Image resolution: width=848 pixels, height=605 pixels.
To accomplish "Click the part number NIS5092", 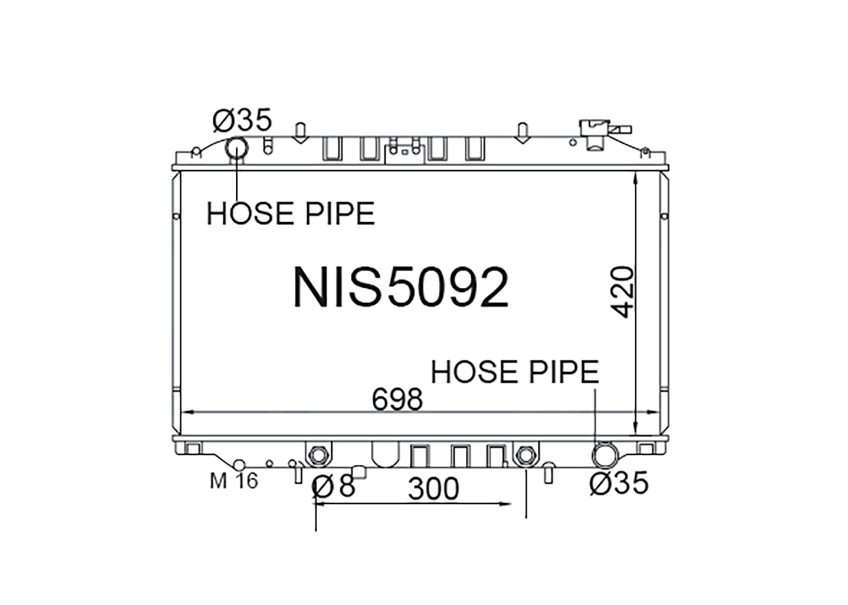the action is (x=401, y=287).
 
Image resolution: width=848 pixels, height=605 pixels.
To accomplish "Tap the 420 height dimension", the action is (x=622, y=292).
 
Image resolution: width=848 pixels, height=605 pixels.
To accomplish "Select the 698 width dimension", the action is (x=397, y=399).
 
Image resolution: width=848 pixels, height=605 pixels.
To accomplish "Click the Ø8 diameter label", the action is (x=334, y=485).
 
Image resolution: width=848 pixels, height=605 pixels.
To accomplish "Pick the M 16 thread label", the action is (x=234, y=481).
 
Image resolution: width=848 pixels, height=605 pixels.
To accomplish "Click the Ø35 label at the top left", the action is (x=243, y=119).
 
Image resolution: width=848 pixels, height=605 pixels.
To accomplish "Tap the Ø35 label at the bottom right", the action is (x=620, y=483).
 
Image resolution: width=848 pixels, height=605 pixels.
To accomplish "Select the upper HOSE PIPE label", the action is (x=291, y=214).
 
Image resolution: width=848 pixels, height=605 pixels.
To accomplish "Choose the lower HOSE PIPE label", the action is (x=515, y=372).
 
